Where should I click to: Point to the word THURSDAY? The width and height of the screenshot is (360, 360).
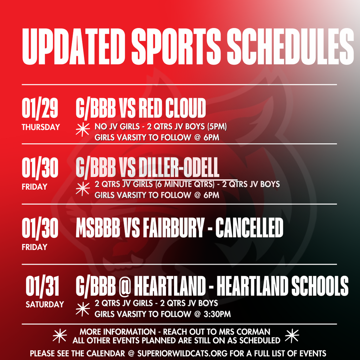[x=41, y=127]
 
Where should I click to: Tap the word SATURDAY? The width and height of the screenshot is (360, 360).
[x=45, y=304]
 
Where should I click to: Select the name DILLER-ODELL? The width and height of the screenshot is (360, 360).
[x=179, y=168]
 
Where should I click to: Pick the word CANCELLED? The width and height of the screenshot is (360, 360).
[x=249, y=228]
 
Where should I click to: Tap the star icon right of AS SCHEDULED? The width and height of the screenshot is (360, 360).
[x=292, y=336]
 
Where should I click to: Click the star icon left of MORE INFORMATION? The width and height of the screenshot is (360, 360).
[x=59, y=336]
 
